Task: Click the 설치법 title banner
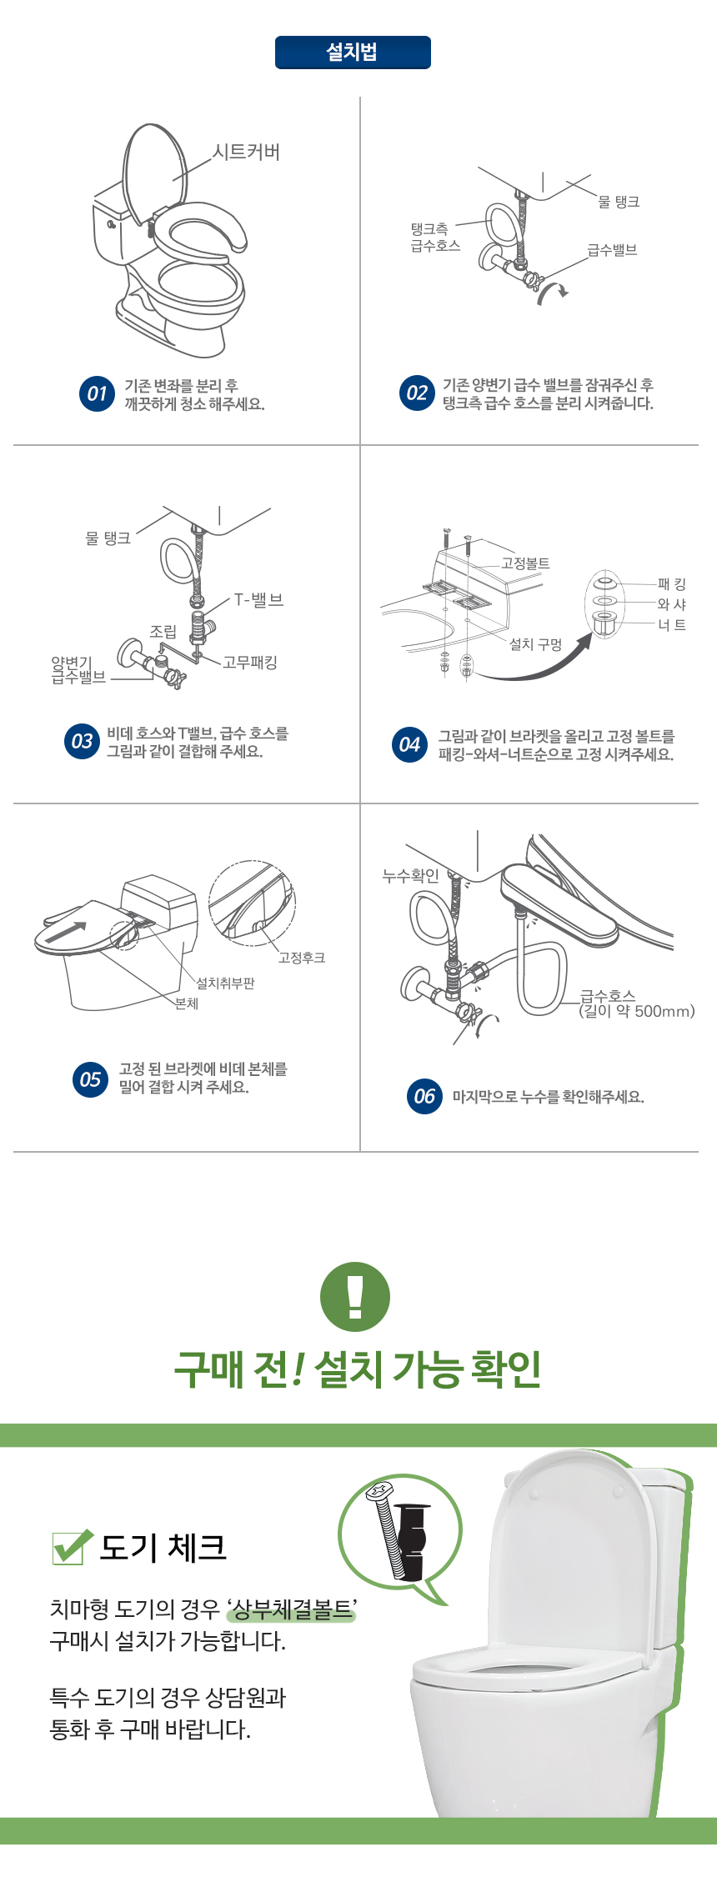[x=353, y=53]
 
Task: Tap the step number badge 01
[x=97, y=393]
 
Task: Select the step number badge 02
[x=417, y=393]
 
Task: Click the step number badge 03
[x=82, y=741]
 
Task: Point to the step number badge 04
[x=409, y=744]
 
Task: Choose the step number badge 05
[x=90, y=1079]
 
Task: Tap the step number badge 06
[x=424, y=1096]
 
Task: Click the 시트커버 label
[x=247, y=153]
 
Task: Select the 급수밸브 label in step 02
[x=612, y=250]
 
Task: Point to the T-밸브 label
[x=258, y=600]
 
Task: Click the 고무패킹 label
[x=250, y=663]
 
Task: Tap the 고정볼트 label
[x=525, y=563]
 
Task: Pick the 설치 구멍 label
[x=535, y=644]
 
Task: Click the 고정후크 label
[x=302, y=958]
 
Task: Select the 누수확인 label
[x=410, y=875]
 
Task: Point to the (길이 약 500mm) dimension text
[x=637, y=1012]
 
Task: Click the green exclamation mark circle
[x=355, y=1297]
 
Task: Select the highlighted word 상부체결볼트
[x=293, y=1609]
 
